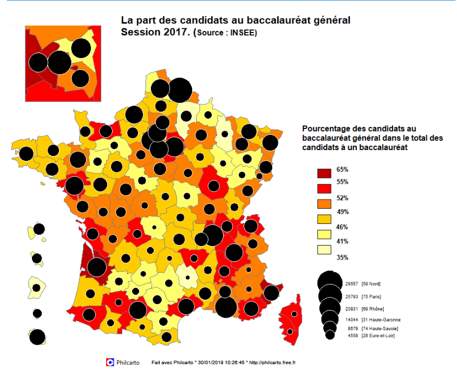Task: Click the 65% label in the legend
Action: click(342, 170)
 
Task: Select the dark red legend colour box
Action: click(324, 173)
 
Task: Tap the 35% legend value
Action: click(342, 257)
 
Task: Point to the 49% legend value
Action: click(342, 211)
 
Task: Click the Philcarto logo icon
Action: click(110, 362)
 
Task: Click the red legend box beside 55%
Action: click(324, 188)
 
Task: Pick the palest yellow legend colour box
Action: click(324, 249)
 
